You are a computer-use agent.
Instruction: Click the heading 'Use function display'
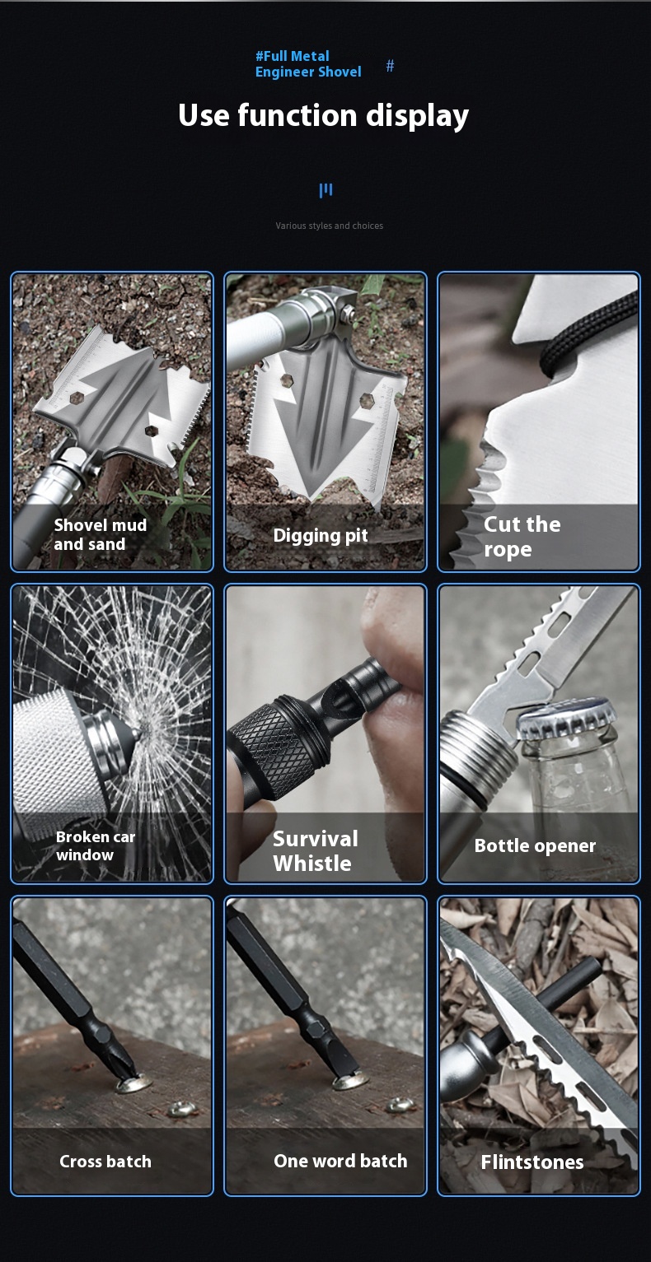point(323,116)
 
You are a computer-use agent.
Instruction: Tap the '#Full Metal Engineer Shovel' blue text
point(308,63)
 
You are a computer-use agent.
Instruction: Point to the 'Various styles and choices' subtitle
point(330,226)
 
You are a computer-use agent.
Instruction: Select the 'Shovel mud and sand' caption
point(101,534)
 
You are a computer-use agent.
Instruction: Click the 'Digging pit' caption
point(321,535)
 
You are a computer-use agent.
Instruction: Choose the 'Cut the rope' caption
point(522,537)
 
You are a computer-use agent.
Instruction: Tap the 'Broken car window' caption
point(96,845)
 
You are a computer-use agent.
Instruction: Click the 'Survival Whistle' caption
point(316,850)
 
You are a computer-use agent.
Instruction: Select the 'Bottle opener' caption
point(535,845)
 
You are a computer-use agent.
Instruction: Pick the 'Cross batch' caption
point(105,1161)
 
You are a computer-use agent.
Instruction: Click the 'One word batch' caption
point(340,1161)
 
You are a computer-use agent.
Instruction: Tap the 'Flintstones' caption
point(532,1162)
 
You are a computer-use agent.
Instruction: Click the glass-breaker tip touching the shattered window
point(138,733)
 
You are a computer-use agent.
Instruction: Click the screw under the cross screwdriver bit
point(134,1083)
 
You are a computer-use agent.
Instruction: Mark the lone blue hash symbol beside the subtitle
point(390,66)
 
